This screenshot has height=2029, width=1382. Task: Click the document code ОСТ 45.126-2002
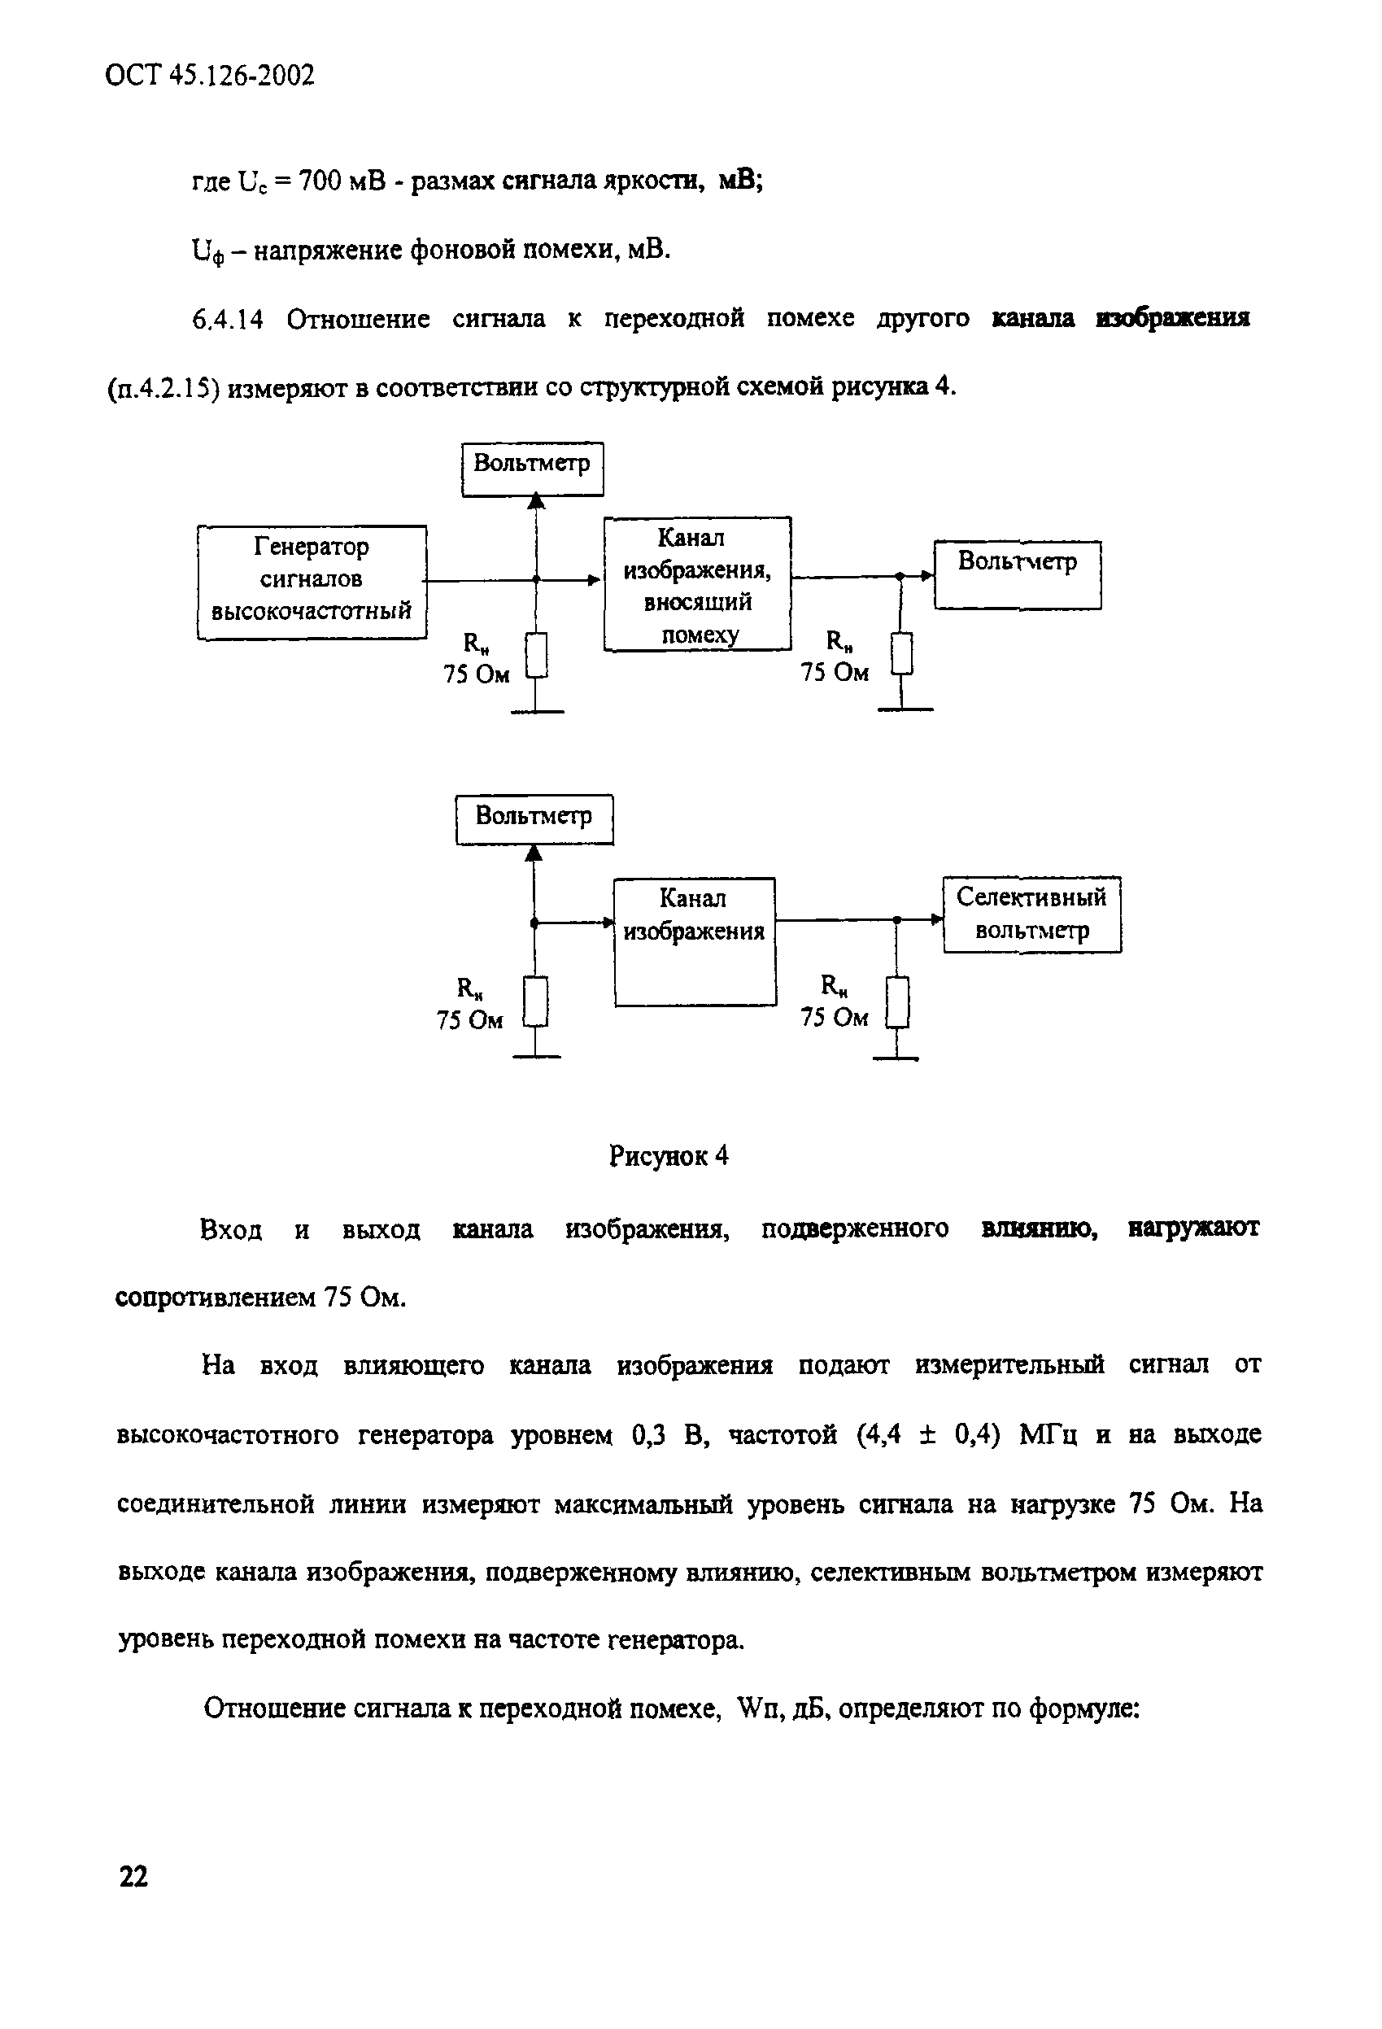click(210, 76)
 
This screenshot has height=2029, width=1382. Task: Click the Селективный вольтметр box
click(1031, 914)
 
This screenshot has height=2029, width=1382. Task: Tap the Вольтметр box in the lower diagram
click(534, 818)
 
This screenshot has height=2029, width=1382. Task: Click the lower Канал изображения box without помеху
click(694, 940)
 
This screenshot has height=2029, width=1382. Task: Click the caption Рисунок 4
click(668, 1156)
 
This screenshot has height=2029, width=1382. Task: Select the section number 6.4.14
click(227, 320)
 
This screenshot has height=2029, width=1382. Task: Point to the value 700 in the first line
click(320, 181)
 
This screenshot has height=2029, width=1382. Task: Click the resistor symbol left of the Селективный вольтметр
click(897, 1002)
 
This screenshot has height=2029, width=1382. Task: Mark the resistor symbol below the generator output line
click(537, 656)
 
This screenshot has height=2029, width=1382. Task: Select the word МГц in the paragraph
click(1048, 1434)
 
